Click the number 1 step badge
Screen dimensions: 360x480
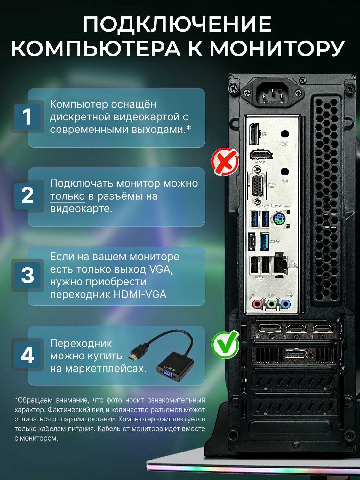pos(27,117)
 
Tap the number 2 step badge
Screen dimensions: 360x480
pos(27,196)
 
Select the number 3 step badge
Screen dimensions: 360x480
pos(27,275)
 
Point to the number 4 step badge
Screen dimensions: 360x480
pos(27,355)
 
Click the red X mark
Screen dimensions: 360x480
pos(225,162)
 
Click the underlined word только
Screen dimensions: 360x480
pos(67,196)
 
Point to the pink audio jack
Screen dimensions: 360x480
pos(257,304)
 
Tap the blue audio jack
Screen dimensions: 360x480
pos(285,304)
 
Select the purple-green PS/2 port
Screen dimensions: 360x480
pos(279,219)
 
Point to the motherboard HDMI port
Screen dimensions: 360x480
pos(261,155)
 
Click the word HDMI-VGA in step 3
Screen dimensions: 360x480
pos(140,295)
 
